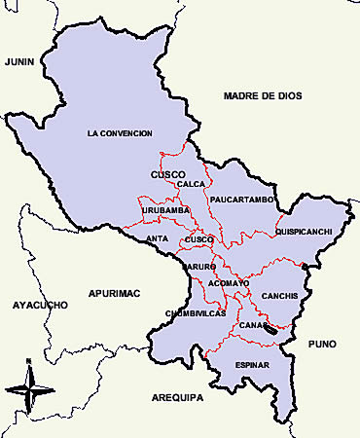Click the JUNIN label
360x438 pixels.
19,61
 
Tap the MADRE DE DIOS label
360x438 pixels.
263,95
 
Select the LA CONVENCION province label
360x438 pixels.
123,132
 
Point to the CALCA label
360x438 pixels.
192,184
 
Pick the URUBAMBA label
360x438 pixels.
163,210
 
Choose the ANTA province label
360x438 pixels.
156,238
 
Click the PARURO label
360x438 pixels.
197,264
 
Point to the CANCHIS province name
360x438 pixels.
279,296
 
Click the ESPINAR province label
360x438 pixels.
252,365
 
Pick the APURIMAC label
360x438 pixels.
114,292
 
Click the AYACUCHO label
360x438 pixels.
40,305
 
